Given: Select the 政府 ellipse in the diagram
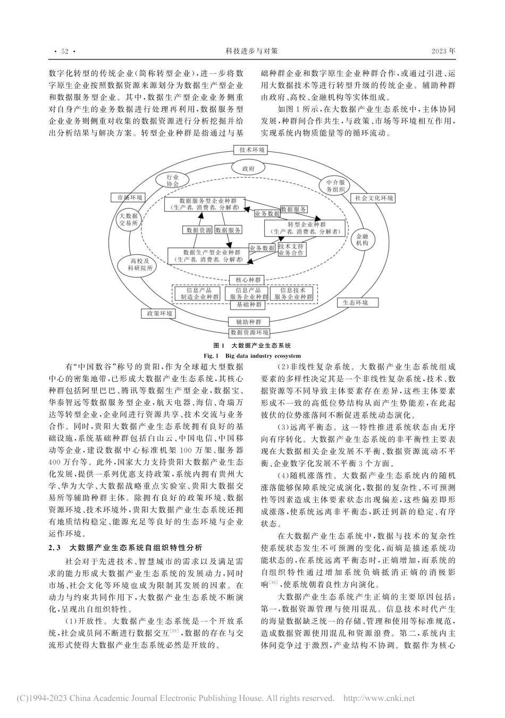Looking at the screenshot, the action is [x=248, y=168].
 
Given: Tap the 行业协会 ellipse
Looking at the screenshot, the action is [x=172, y=180].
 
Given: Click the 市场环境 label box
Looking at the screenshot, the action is [x=130, y=198].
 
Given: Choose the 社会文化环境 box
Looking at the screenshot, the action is [x=374, y=198].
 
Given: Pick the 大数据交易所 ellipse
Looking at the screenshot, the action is [x=129, y=219].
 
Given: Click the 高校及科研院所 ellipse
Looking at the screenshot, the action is [x=141, y=264].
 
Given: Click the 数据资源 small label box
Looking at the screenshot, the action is [x=198, y=230].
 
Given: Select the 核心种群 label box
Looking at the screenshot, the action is [x=248, y=279].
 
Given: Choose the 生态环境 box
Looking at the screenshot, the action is [x=359, y=302].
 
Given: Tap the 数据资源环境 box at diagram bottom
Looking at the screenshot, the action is [x=249, y=332].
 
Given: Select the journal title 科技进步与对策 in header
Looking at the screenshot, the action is [x=252, y=52].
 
